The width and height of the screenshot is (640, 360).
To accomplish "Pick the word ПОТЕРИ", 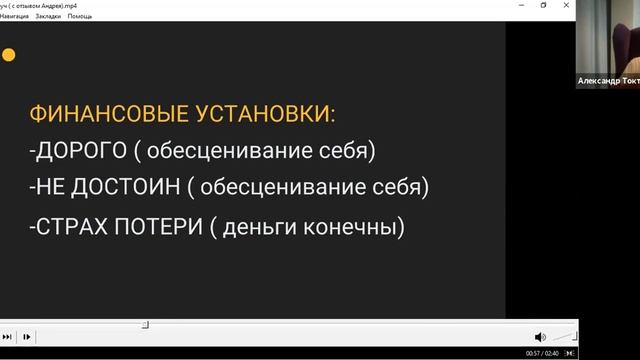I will click(x=163, y=227).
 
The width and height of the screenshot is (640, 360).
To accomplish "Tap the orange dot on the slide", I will click(x=8, y=55).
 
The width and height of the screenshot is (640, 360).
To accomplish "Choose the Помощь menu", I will click(x=81, y=17).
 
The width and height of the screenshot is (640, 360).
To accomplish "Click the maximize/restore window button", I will click(x=543, y=5).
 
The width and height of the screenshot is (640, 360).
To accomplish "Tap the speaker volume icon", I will click(x=540, y=337).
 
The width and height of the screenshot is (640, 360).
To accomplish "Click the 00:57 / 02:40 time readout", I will click(x=542, y=353).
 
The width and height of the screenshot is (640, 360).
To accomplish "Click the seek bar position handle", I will click(x=145, y=324).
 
